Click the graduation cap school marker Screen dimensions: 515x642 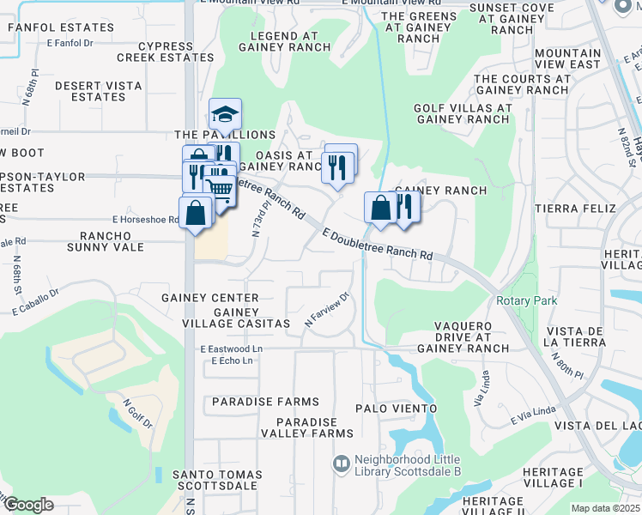(225, 114)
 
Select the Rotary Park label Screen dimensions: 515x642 (526, 300)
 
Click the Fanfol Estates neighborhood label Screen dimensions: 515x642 (60, 27)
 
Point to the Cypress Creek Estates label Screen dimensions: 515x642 (165, 51)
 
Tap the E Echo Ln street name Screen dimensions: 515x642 (232, 360)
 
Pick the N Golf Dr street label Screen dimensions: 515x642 (137, 412)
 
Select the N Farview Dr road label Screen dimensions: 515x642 (328, 310)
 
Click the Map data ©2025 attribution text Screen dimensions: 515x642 (605, 508)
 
